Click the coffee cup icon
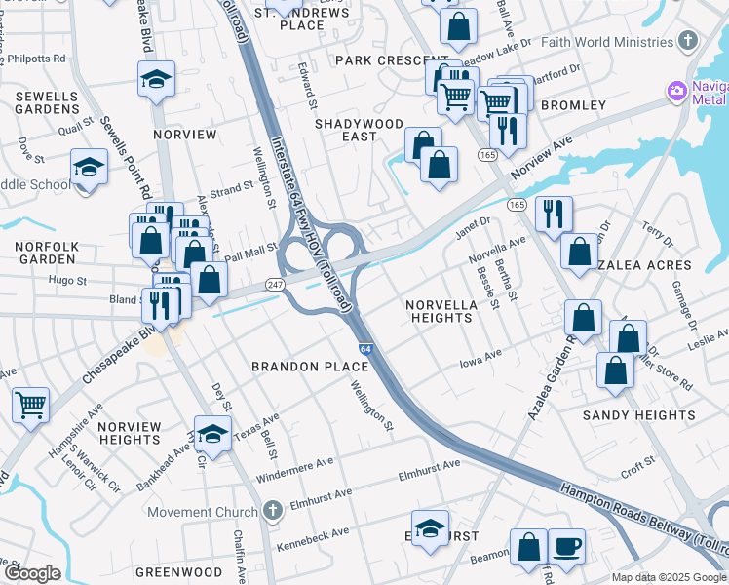[566, 546]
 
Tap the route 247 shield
[273, 285]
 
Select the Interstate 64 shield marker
[364, 348]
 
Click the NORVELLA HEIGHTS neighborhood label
[441, 311]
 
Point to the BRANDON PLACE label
[310, 367]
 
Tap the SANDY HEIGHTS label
[639, 415]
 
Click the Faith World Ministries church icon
[689, 41]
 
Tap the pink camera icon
[676, 91]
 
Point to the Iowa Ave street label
[480, 360]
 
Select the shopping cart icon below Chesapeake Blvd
[31, 404]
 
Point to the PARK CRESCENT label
[379, 60]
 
